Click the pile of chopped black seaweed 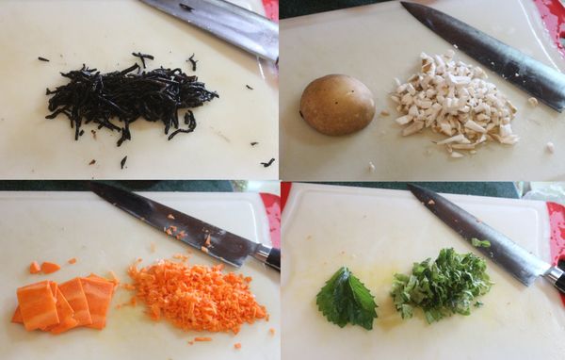point(132,99)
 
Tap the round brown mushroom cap point(336,105)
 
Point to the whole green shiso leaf point(346,299)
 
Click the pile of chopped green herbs point(441,282)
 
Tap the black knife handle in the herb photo point(556,278)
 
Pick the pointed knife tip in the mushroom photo point(406,7)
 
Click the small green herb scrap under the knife point(480,243)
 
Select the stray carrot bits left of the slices point(43,268)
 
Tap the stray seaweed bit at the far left point(43,59)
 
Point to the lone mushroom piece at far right point(549,147)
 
